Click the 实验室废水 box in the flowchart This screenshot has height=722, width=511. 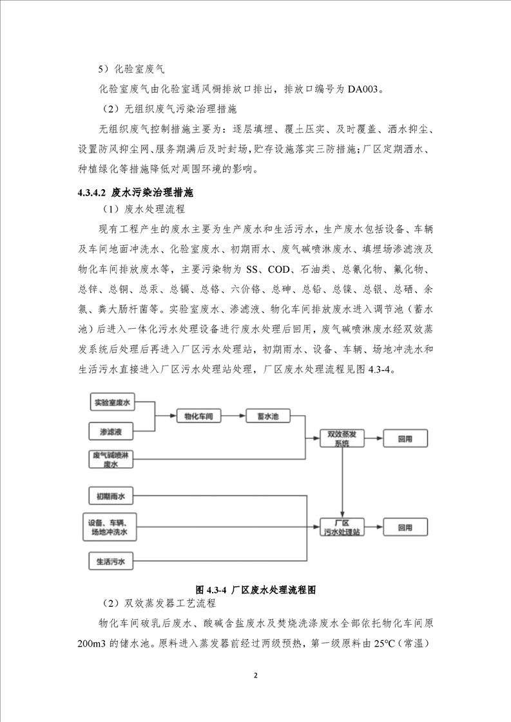click(112, 403)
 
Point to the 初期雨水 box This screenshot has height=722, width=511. click(111, 495)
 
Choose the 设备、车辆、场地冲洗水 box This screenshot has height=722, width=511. click(109, 528)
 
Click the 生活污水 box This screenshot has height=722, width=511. click(111, 561)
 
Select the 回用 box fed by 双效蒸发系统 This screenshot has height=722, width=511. click(405, 439)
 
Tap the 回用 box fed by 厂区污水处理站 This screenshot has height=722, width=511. click(405, 528)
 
